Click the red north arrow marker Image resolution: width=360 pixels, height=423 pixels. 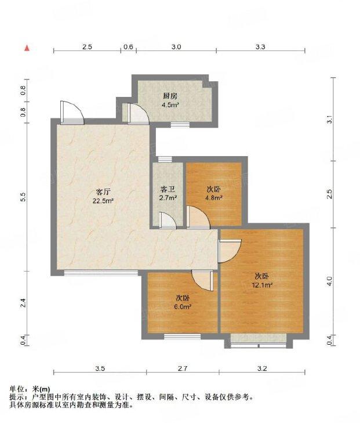27,48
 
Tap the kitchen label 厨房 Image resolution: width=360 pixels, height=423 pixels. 170,96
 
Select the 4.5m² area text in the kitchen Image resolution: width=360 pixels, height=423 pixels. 170,104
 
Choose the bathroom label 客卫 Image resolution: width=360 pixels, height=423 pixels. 168,189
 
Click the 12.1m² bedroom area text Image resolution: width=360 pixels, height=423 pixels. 262,285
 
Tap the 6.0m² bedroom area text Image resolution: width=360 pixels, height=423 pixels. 183,306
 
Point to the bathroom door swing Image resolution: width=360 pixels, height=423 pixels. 168,220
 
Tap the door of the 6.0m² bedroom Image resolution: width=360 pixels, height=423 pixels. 203,281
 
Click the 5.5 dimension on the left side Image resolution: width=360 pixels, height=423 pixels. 23,197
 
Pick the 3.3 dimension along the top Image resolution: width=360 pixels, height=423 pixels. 260,47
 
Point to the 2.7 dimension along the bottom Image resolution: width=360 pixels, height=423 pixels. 183,368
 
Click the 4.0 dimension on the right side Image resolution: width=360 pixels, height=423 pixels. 329,281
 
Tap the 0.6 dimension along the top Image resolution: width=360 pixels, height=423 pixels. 128,47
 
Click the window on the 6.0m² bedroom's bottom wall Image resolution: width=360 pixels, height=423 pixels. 183,337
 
